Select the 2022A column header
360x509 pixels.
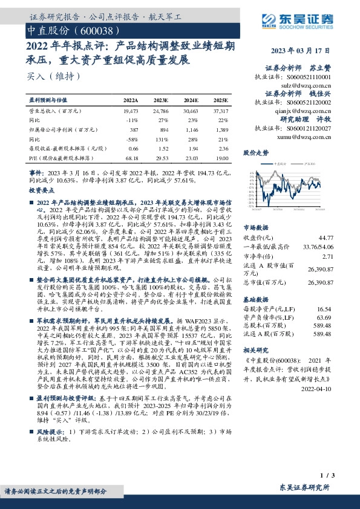pos(131,100)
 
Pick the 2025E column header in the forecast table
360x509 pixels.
pos(221,100)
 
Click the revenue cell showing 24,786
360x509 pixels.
pos(162,112)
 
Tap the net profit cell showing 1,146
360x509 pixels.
pos(191,129)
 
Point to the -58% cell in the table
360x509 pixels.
pos(133,138)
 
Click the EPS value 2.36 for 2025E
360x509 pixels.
pos(223,148)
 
